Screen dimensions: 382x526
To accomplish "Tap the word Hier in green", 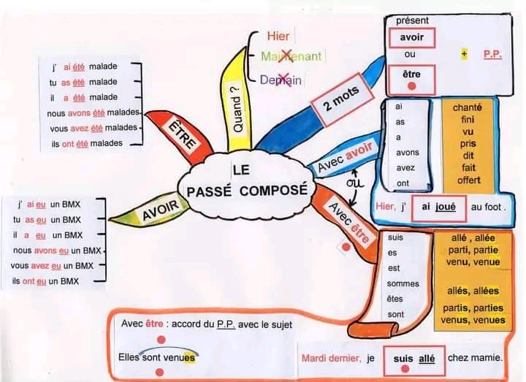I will tap(278, 36).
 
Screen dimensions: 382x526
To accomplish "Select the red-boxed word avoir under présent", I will tap(411, 37).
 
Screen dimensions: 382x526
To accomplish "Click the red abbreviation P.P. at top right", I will tap(491, 54).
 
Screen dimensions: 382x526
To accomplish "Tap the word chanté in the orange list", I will tap(468, 108).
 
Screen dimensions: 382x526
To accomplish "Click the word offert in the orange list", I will tap(468, 180).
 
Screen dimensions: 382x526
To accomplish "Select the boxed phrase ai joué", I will tap(439, 207).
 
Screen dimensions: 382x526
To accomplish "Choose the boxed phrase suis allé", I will tap(414, 358).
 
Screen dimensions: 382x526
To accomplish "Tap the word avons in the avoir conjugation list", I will tap(408, 153).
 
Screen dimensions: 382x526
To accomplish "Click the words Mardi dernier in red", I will tap(330, 358).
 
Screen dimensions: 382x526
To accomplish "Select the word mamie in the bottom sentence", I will tap(486, 358).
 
